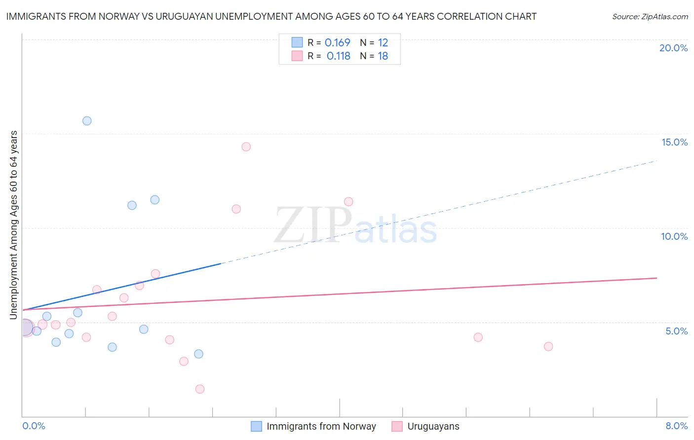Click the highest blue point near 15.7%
(x=87, y=121)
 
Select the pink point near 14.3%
(x=246, y=147)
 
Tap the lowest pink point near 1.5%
(x=200, y=389)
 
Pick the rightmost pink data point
(x=548, y=346)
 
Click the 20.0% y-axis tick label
(x=673, y=48)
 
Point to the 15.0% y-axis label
(x=674, y=142)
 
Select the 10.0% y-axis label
(x=674, y=236)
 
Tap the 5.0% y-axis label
(x=676, y=331)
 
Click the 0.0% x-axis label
(x=34, y=426)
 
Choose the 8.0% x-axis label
(x=676, y=426)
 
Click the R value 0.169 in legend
(x=337, y=42)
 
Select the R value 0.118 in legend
(x=338, y=56)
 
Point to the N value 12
(x=383, y=42)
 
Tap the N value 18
(x=383, y=56)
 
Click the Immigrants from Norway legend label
(x=321, y=426)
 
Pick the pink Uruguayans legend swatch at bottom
(x=397, y=426)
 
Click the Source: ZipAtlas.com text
(x=650, y=16)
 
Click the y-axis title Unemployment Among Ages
(x=14, y=225)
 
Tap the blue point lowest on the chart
(x=198, y=354)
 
